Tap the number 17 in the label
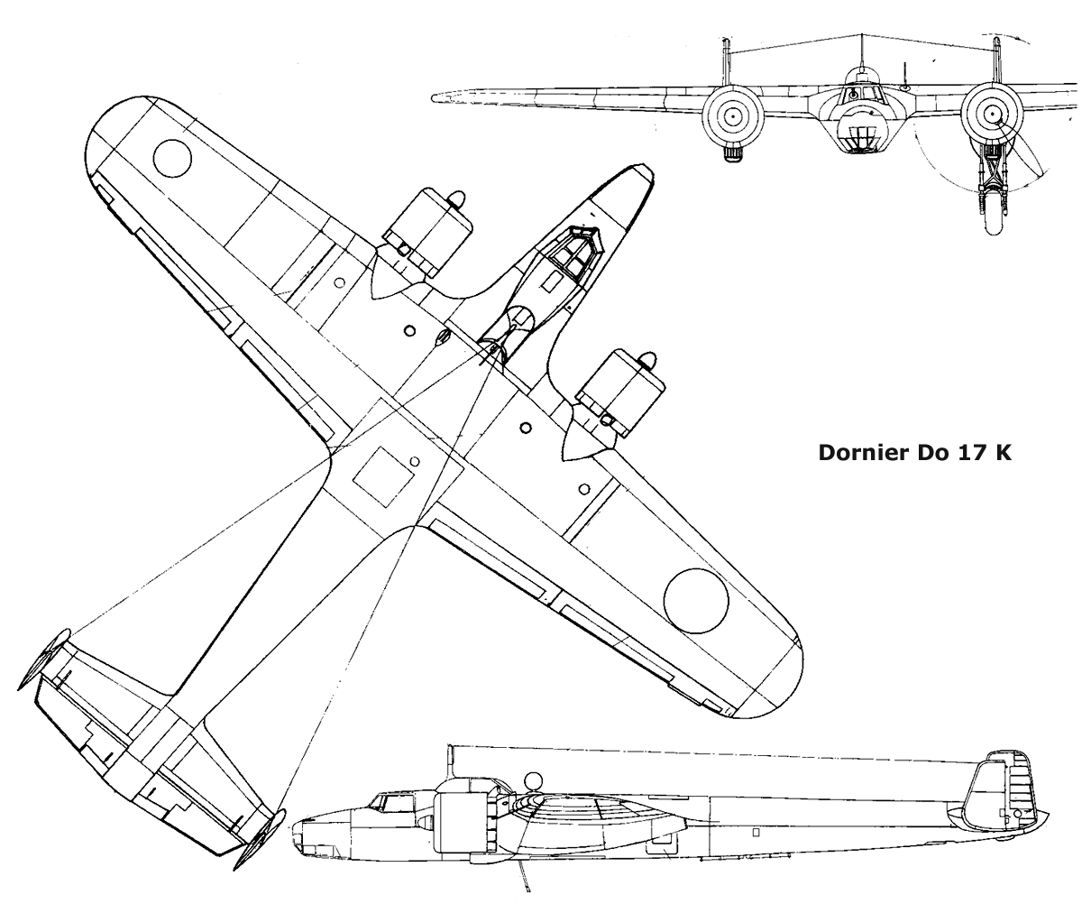[x=969, y=453]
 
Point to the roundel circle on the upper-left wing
[x=172, y=158]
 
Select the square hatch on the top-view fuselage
[x=383, y=476]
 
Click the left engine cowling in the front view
[x=733, y=116]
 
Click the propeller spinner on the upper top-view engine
[x=456, y=199]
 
